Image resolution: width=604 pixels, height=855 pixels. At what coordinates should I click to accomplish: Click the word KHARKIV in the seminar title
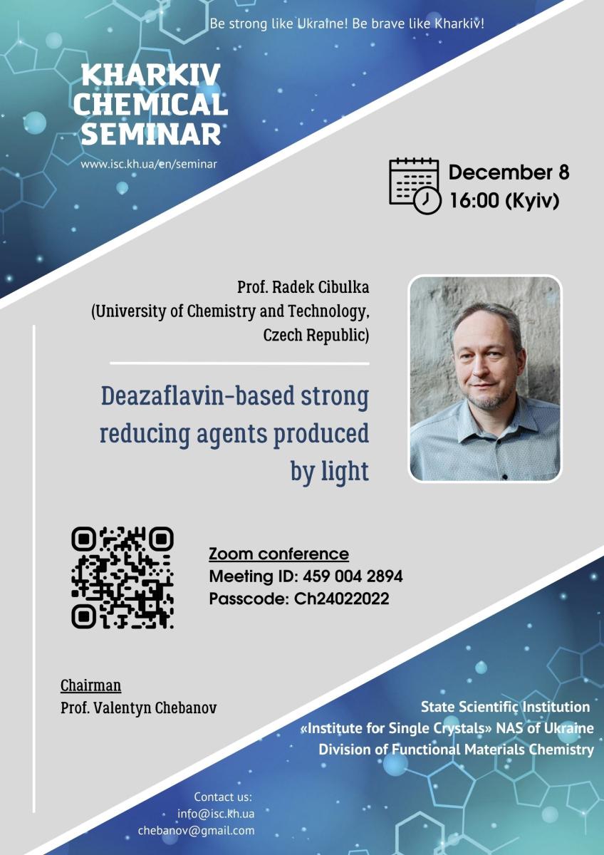click(151, 75)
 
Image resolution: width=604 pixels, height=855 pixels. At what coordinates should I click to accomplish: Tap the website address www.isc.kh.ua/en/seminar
click(149, 164)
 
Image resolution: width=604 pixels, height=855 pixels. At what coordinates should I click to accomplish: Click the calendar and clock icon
click(415, 185)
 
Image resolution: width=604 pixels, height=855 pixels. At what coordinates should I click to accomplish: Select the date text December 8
click(509, 172)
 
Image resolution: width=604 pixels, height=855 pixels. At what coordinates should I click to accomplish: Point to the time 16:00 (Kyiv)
click(504, 200)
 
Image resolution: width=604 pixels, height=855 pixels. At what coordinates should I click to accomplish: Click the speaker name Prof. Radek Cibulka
click(303, 287)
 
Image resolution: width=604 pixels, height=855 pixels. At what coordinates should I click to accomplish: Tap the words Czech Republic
click(316, 335)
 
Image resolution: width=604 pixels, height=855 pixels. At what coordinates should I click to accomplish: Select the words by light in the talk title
click(330, 471)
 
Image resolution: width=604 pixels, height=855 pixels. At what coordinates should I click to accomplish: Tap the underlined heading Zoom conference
click(278, 554)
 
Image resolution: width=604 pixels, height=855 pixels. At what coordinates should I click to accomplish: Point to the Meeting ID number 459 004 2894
click(353, 576)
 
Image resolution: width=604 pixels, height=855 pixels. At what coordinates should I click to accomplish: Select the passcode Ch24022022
click(341, 598)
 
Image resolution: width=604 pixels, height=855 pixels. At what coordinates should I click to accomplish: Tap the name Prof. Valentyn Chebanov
click(138, 708)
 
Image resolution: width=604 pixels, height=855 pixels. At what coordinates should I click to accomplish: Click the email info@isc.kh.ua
click(216, 814)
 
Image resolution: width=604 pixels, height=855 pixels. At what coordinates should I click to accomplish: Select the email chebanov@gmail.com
click(196, 831)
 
